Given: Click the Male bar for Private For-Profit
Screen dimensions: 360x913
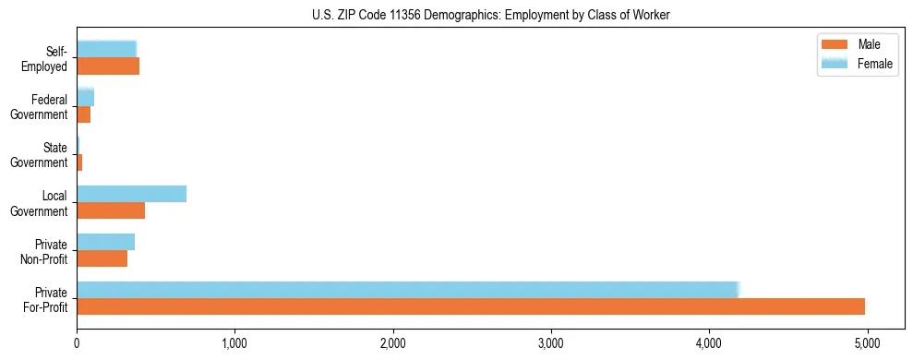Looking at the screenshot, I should click(471, 306).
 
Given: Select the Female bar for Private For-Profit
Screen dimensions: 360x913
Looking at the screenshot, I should click(407, 290).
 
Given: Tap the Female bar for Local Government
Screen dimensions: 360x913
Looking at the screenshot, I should click(131, 194).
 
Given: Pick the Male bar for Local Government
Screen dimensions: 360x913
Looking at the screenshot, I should click(111, 210).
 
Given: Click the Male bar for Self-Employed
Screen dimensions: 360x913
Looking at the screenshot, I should click(108, 66).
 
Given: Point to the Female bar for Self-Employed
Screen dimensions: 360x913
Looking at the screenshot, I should click(106, 50).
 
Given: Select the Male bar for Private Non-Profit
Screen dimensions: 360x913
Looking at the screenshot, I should click(102, 258).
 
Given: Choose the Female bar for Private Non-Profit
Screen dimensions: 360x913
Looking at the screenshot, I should click(105, 242).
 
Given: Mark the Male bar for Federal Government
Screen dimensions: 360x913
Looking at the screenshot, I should click(83, 114).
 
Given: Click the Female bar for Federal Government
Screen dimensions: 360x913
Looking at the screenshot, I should click(85, 98).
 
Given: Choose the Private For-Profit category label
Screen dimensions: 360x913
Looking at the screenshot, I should click(44, 299).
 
